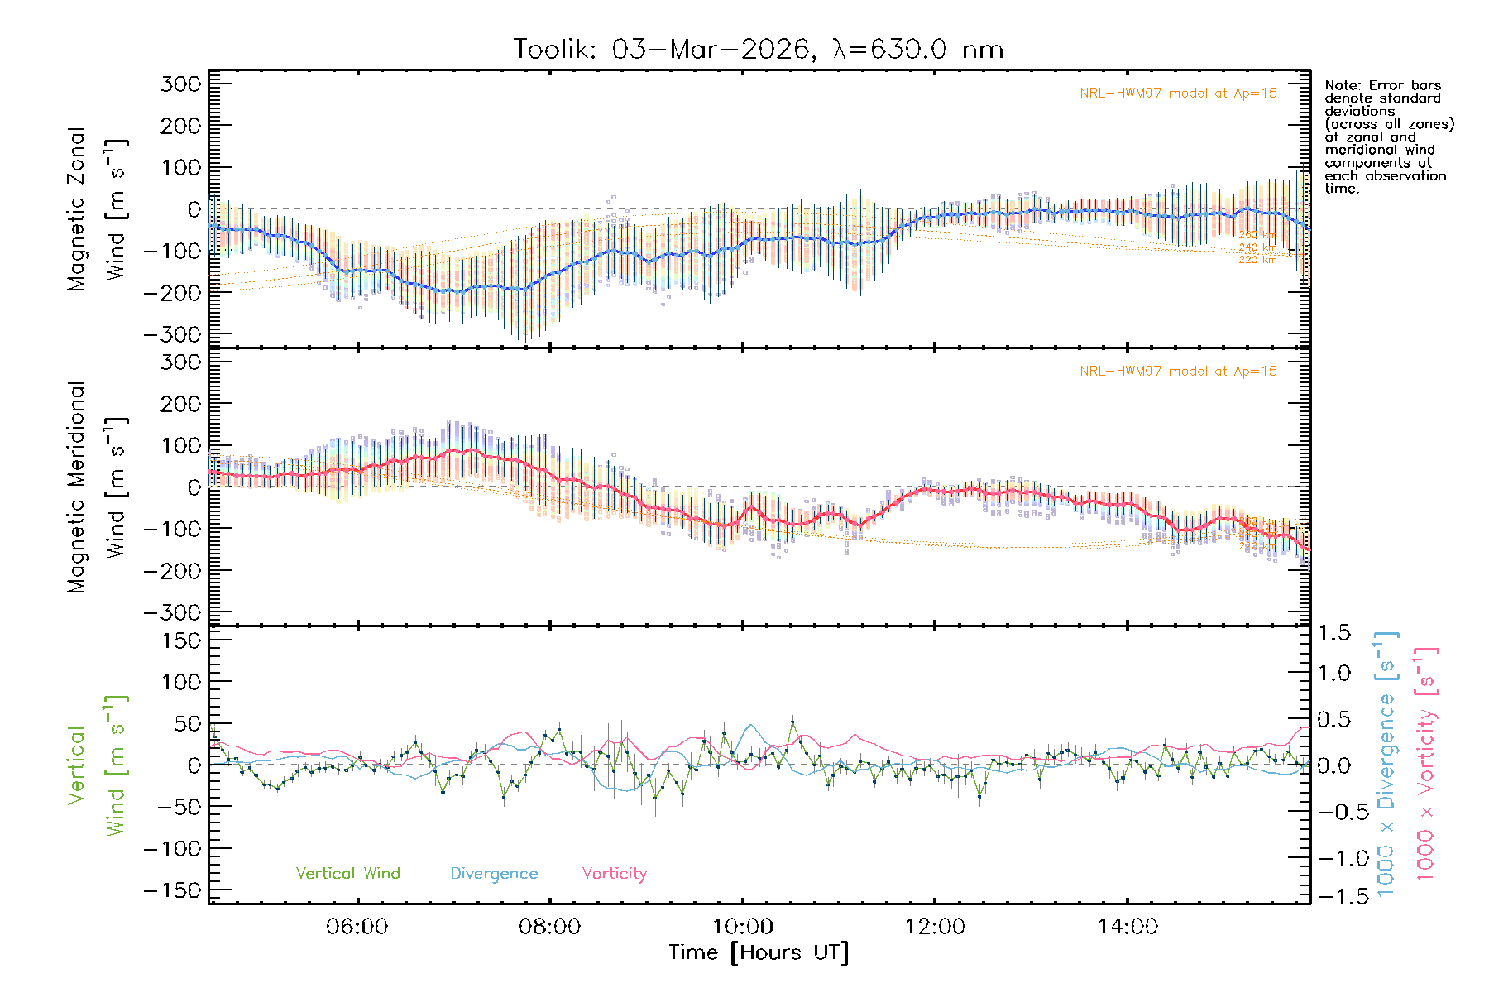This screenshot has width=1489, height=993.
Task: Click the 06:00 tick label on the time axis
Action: [x=357, y=927]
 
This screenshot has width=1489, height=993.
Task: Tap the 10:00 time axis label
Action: [x=743, y=927]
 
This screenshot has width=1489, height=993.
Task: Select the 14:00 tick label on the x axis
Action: [x=1128, y=927]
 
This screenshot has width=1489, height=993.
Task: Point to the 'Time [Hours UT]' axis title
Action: [x=759, y=953]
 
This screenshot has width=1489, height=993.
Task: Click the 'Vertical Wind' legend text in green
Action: [x=347, y=874]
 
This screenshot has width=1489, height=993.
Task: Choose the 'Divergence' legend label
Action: [x=494, y=874]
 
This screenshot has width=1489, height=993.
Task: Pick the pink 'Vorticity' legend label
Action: [x=614, y=874]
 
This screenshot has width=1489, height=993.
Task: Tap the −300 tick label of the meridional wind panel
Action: [x=172, y=612]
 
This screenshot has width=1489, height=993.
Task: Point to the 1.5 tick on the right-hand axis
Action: [x=1334, y=633]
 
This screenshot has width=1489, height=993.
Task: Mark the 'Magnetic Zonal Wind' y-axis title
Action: [x=98, y=209]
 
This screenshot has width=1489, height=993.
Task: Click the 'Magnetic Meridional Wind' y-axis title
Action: [x=98, y=487]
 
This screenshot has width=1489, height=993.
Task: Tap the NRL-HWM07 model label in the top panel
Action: [x=1178, y=94]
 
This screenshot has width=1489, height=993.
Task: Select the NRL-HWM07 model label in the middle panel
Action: [x=1178, y=372]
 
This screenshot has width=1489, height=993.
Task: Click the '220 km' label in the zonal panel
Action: [x=1257, y=260]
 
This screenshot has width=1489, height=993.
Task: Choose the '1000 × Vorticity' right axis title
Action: [x=1425, y=765]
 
